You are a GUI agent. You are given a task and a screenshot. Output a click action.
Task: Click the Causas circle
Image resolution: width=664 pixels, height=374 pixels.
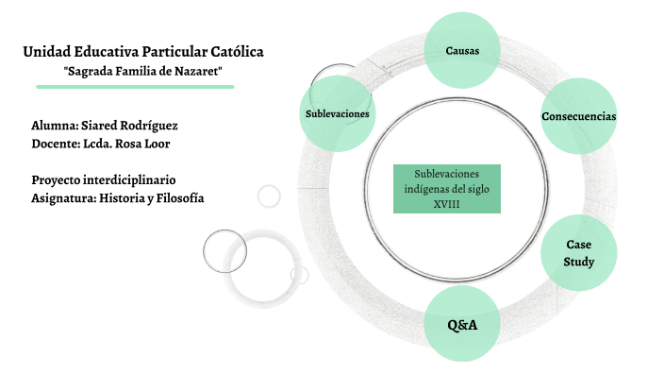(x=462, y=49)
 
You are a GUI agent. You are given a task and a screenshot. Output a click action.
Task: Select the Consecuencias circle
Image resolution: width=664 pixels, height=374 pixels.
(x=578, y=116)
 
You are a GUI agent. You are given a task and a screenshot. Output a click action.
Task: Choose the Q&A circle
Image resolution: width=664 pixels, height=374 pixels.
(x=462, y=324)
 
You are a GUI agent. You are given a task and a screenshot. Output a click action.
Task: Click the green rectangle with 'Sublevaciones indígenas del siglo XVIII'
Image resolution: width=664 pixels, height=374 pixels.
(x=446, y=188)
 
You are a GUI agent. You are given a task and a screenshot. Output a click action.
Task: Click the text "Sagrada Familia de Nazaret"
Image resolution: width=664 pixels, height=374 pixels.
(x=142, y=71)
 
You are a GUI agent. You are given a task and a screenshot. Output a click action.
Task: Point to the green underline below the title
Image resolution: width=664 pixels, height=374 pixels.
(x=135, y=86)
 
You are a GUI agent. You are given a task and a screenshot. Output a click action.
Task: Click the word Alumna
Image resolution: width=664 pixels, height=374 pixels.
(x=54, y=125)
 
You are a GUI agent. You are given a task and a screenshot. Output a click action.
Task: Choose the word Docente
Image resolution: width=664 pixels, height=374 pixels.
(x=56, y=143)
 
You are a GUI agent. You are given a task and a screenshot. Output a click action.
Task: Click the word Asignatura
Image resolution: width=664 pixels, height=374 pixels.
(x=67, y=197)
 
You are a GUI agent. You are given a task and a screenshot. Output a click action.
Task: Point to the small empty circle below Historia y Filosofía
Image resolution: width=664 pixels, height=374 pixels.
(x=269, y=195)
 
